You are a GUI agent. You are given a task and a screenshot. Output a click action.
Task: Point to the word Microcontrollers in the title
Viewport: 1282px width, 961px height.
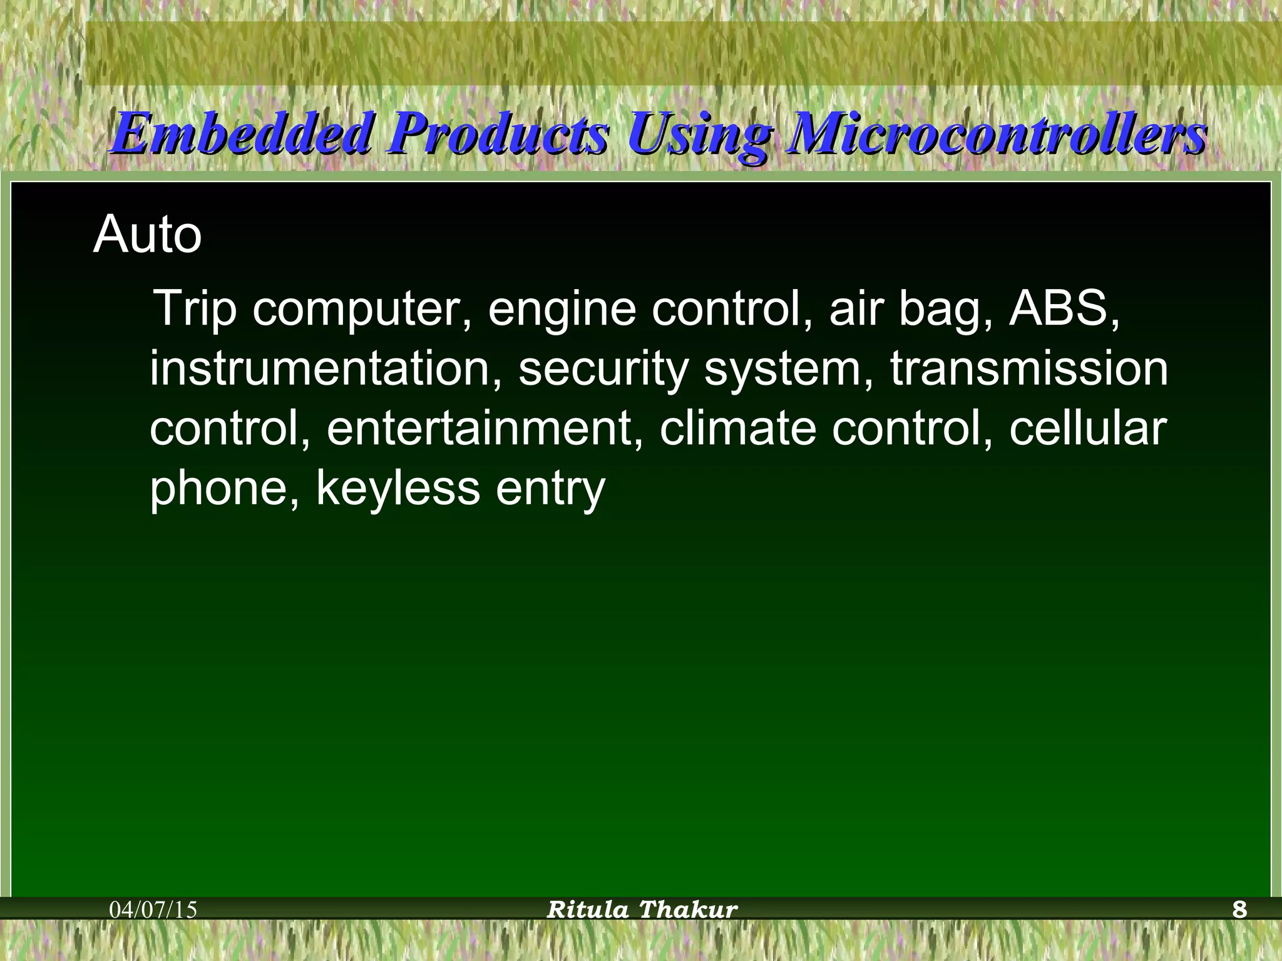pyautogui.click(x=995, y=133)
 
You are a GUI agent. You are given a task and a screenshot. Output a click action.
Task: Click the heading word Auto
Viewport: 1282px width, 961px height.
pyautogui.click(x=148, y=235)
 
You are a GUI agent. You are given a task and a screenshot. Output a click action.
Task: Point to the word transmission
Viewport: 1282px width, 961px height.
pyautogui.click(x=1029, y=369)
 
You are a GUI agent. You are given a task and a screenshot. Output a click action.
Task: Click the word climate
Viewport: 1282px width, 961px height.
pyautogui.click(x=738, y=429)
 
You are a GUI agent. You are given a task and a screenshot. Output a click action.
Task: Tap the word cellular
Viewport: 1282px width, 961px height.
pyautogui.click(x=1087, y=429)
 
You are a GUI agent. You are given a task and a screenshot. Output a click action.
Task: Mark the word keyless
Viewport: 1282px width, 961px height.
pyautogui.click(x=398, y=489)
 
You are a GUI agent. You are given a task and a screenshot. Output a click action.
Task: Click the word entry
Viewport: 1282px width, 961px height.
pyautogui.click(x=551, y=489)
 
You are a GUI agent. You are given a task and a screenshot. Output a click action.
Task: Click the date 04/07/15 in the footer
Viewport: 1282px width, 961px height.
pyautogui.click(x=153, y=910)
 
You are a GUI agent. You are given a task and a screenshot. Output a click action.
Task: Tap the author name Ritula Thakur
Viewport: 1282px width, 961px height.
pyautogui.click(x=642, y=910)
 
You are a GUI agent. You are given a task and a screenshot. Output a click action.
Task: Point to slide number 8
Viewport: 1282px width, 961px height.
pyautogui.click(x=1239, y=910)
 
